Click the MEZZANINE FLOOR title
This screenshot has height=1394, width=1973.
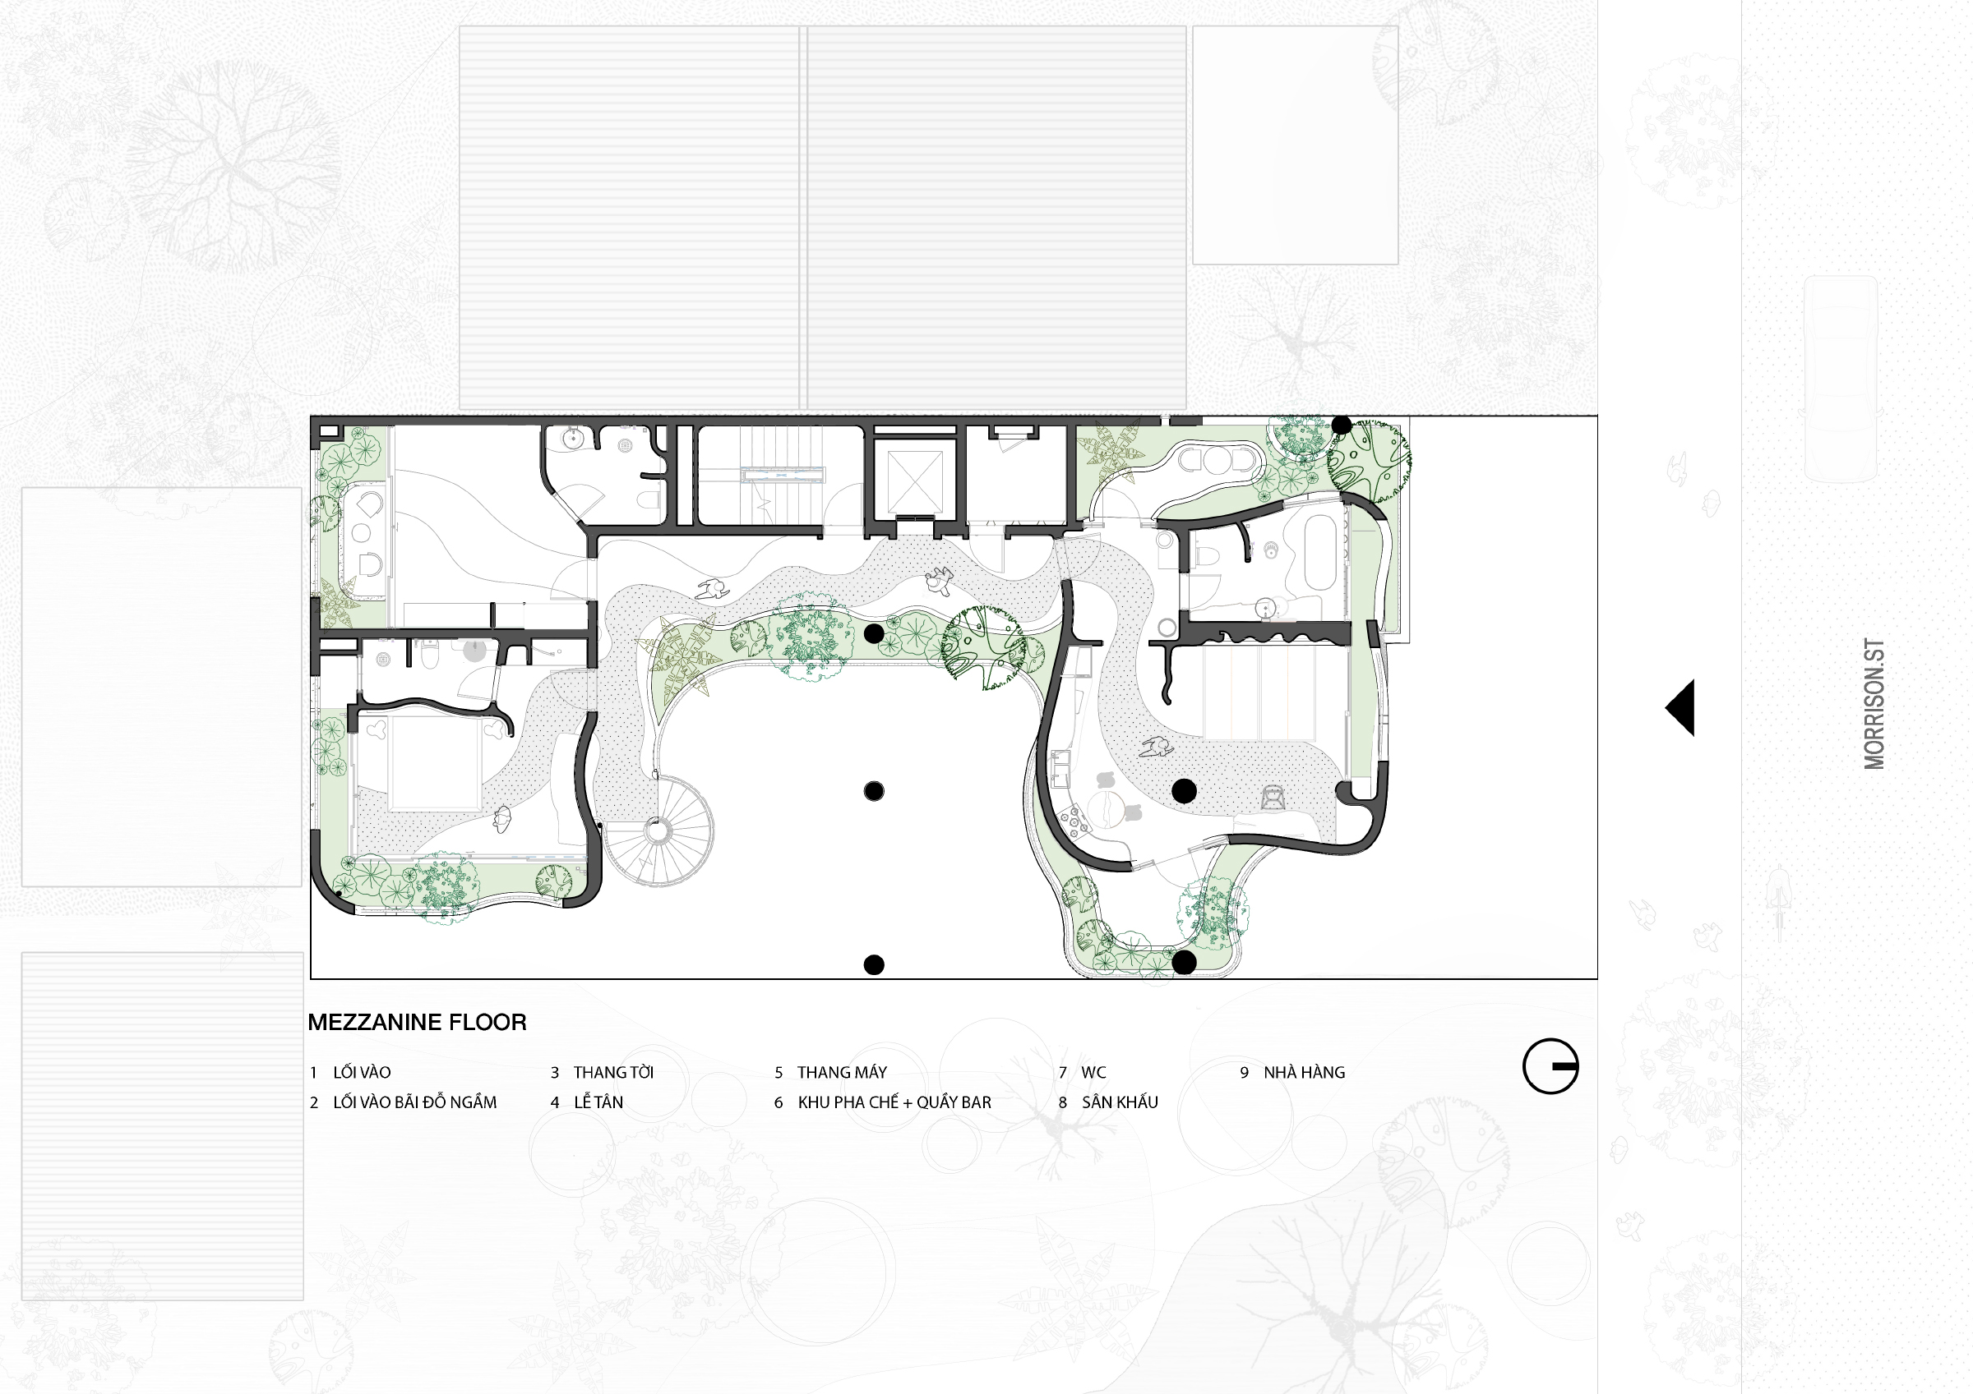coord(417,1022)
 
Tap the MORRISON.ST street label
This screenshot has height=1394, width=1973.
coord(1874,703)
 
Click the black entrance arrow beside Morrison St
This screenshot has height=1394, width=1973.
coord(1680,708)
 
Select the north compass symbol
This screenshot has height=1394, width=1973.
coord(1550,1066)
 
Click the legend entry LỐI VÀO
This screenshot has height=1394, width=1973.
coord(362,1072)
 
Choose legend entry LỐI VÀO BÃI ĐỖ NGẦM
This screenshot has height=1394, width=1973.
coord(415,1102)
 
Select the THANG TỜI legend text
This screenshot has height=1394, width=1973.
coord(613,1072)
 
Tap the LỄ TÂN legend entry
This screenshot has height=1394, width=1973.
coord(598,1102)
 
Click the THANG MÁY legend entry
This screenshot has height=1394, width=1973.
coord(841,1072)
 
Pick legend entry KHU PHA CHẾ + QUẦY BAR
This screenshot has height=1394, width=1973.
coord(894,1102)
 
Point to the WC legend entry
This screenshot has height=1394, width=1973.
coord(1094,1072)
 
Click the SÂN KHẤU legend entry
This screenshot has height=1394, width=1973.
coord(1120,1102)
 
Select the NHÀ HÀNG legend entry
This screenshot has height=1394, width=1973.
coord(1304,1072)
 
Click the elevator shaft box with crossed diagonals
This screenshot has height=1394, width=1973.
coord(914,477)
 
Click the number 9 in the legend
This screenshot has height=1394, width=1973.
coord(1245,1072)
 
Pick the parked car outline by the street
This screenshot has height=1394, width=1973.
coord(1841,379)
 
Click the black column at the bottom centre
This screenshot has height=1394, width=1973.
coord(874,964)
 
